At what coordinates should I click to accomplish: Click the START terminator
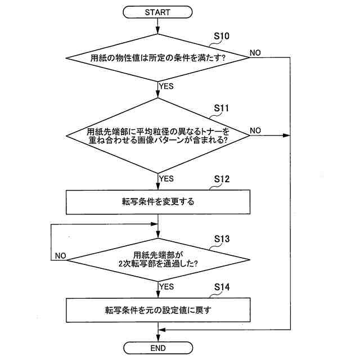158,11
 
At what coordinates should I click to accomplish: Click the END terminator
158,348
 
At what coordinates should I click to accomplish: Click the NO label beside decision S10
255,53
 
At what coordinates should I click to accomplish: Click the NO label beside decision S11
255,130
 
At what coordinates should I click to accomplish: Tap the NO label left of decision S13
60,255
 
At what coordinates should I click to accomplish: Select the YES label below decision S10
167,86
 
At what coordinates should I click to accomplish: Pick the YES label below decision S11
167,178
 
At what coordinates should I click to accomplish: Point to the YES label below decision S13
167,286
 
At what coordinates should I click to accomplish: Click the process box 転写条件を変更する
158,202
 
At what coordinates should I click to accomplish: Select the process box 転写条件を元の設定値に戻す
158,310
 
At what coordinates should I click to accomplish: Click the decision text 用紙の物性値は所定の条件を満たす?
158,57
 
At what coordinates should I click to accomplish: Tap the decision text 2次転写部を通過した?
158,263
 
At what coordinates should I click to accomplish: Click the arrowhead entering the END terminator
158,340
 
